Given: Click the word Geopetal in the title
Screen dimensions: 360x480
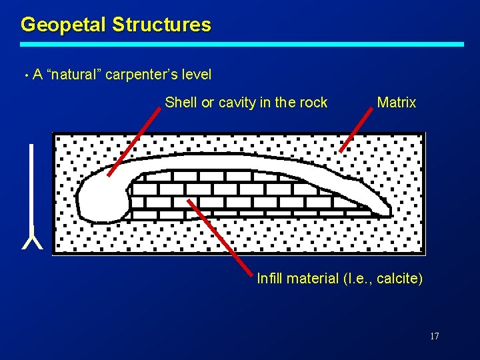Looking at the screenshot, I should [63, 25].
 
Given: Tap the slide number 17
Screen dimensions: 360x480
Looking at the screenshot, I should [434, 336].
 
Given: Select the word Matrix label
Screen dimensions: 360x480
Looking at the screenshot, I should [396, 103].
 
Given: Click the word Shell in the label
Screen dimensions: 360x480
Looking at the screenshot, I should [179, 103].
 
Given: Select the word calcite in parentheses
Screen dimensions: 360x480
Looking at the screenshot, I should [397, 279].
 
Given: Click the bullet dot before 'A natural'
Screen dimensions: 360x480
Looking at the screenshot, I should [25, 75].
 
